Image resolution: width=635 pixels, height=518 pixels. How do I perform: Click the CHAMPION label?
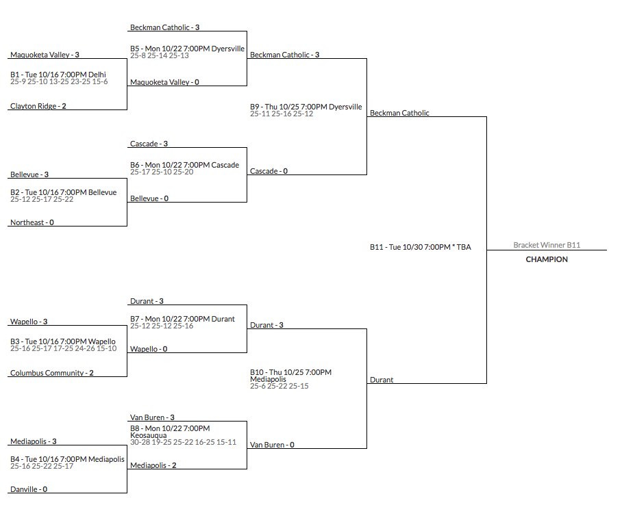coord(547,259)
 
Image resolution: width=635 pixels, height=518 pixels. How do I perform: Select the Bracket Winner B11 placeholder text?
coord(547,244)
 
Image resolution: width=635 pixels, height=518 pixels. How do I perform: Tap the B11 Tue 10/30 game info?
coord(421,246)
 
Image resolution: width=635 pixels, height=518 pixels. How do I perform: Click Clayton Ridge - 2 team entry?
coord(38,106)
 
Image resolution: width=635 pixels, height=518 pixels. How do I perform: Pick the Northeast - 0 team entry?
coord(32,222)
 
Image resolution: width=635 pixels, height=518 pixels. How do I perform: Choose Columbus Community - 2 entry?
coord(52,373)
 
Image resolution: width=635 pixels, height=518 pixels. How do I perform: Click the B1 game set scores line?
coord(59,81)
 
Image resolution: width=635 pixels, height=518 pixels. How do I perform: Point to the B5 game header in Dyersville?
coord(187,49)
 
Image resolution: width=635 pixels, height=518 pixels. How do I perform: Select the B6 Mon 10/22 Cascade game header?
coord(184,165)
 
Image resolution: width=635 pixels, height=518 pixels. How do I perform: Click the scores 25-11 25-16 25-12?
coord(282,114)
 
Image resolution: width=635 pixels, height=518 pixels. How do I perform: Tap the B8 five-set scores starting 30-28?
coord(183,442)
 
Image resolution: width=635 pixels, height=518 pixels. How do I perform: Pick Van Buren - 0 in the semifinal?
coord(272,445)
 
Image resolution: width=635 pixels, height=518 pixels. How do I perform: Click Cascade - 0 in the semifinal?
coord(269,171)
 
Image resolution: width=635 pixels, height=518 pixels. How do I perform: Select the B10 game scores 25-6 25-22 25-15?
coord(279,386)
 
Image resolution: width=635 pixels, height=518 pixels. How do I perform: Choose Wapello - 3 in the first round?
coord(29,322)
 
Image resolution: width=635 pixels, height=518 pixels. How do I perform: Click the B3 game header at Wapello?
coord(63,341)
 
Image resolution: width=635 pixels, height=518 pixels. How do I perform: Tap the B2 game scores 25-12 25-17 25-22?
coord(42,199)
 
